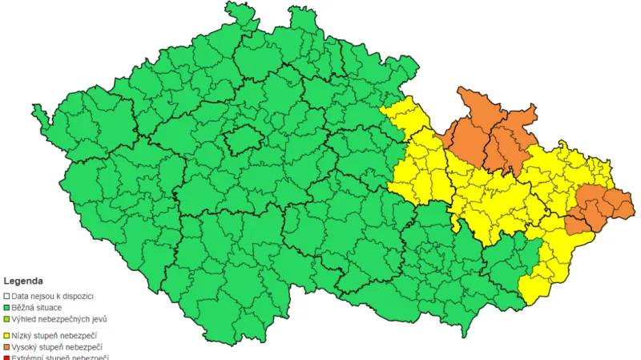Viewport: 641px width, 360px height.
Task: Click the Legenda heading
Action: click(x=23, y=281)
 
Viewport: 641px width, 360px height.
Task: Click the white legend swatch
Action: click(x=7, y=296)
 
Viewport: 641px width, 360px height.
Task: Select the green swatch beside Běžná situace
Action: click(x=7, y=307)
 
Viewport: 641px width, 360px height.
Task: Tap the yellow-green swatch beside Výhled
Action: click(x=7, y=318)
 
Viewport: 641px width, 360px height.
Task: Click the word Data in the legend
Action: click(x=21, y=296)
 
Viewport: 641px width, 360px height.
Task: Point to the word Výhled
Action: click(x=25, y=318)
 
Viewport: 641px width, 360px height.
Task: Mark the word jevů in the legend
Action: click(x=99, y=318)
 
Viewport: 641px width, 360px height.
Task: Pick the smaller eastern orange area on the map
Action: click(x=593, y=207)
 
